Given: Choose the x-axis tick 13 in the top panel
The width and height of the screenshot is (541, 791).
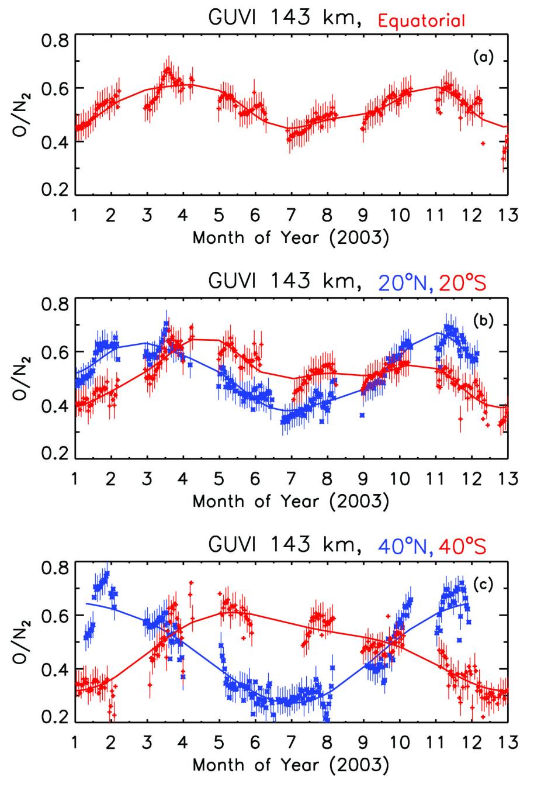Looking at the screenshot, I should point(508,216).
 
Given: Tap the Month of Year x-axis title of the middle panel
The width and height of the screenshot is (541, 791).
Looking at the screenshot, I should point(290,502).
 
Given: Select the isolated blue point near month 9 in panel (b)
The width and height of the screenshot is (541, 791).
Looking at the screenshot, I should point(362,415).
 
